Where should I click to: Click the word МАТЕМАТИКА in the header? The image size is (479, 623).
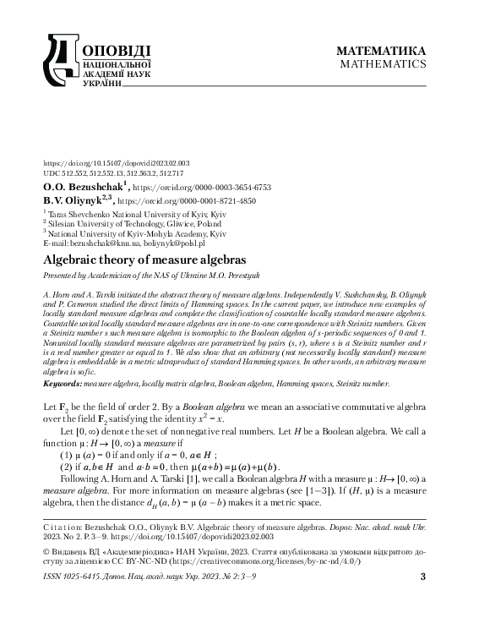[381, 50]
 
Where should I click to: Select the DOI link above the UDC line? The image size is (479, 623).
[104, 163]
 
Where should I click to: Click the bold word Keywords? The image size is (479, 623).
[63, 383]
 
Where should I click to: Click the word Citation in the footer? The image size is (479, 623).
[65, 526]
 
